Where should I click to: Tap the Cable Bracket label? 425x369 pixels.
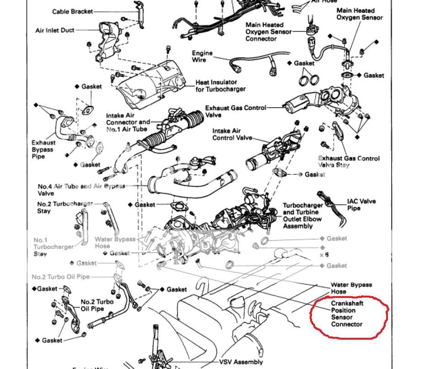pyautogui.click(x=72, y=11)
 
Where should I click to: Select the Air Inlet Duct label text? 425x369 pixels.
pyautogui.click(x=54, y=31)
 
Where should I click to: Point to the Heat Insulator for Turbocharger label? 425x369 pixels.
pyautogui.click(x=221, y=86)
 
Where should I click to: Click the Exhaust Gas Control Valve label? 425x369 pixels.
pyautogui.click(x=235, y=111)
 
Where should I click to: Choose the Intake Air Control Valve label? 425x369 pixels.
pyautogui.click(x=232, y=134)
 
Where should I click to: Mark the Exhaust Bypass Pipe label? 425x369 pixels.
pyautogui.click(x=43, y=149)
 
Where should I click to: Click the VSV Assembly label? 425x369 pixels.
pyautogui.click(x=241, y=362)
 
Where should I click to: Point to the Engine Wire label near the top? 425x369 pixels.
pyautogui.click(x=202, y=56)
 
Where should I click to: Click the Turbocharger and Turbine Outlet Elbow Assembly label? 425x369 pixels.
pyautogui.click(x=302, y=215)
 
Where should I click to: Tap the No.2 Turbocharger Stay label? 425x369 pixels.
pyautogui.click(x=65, y=207)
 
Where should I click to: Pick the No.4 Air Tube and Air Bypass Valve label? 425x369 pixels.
pyautogui.click(x=81, y=190)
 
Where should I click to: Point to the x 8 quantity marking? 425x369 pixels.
pyautogui.click(x=324, y=254)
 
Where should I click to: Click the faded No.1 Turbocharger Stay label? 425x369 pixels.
pyautogui.click(x=53, y=247)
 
